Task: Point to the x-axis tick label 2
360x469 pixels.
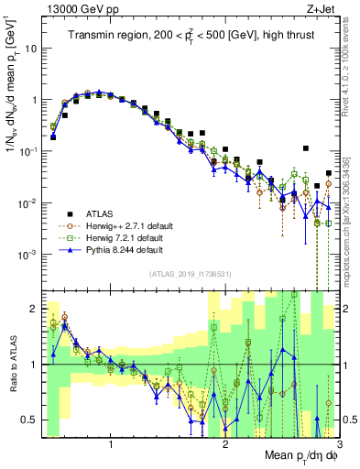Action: coord(226,444)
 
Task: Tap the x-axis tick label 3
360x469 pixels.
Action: coord(338,444)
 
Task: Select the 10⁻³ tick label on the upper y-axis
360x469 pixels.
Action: coord(32,254)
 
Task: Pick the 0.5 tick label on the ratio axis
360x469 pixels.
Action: coord(30,420)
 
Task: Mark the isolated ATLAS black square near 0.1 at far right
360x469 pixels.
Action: coord(306,148)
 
